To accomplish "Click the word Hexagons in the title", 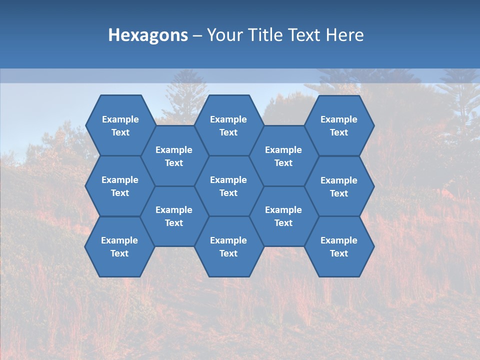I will (148, 35).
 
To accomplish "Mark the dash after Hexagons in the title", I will (197, 35).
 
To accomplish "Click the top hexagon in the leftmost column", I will (120, 125).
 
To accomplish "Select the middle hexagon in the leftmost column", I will (120, 186).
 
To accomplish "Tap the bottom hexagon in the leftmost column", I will (119, 246).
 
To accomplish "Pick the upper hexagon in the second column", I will (174, 156).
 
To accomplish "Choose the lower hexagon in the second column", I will (174, 216).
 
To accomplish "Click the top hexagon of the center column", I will (228, 125).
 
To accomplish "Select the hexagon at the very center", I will (228, 186).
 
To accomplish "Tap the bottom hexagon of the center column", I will (228, 246).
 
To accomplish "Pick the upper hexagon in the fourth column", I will (283, 156).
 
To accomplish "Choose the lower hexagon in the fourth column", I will (283, 216).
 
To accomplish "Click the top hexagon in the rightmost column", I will (339, 125).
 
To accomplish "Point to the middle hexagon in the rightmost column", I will (339, 186).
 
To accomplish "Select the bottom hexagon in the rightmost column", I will (339, 246).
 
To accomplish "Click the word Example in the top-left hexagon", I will (120, 119).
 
